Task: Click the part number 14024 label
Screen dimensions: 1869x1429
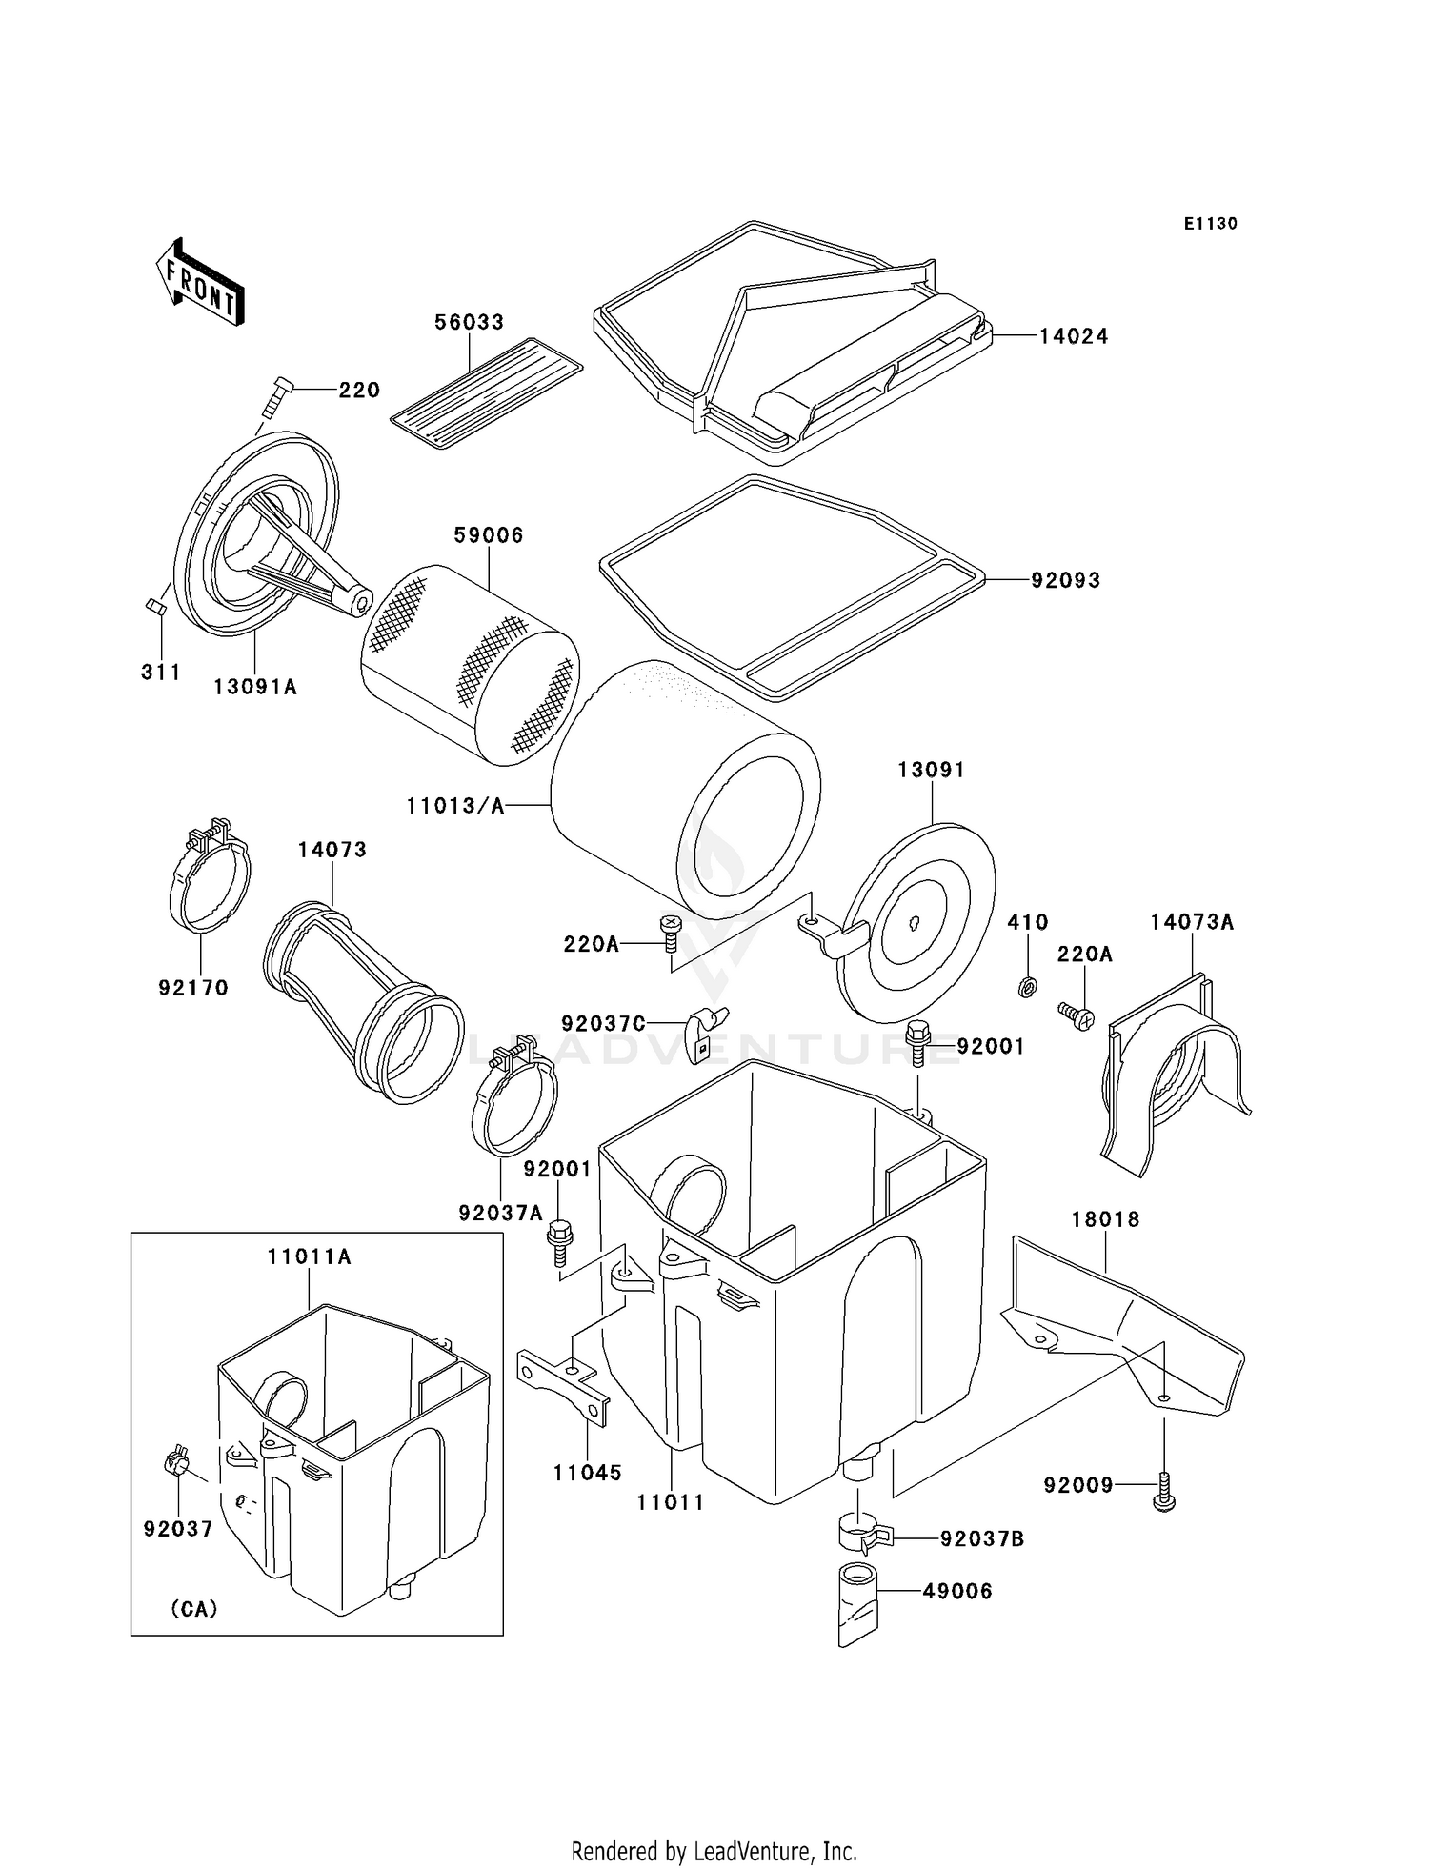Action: [x=1074, y=336]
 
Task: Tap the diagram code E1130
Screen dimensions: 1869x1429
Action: [x=1211, y=224]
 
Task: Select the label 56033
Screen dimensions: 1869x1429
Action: [x=470, y=322]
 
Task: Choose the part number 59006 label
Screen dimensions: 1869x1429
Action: [x=489, y=535]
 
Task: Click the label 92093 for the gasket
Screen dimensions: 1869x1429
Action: [x=1065, y=580]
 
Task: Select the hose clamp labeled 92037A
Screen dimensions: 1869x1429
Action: [x=514, y=1095]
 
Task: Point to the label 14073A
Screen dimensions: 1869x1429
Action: [x=1192, y=922]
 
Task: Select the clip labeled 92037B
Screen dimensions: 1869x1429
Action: [x=863, y=1534]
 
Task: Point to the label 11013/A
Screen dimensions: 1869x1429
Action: [x=455, y=806]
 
